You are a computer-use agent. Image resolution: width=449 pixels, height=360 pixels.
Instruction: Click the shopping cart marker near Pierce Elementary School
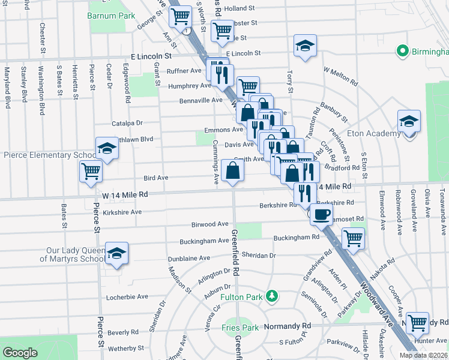tap(91, 171)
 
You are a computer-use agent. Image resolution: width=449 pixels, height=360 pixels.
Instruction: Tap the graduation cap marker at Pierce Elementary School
tap(107, 148)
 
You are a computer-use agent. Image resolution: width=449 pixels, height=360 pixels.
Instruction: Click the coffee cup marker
tap(321, 214)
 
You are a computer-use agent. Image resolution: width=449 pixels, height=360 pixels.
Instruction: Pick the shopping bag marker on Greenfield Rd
tap(232, 171)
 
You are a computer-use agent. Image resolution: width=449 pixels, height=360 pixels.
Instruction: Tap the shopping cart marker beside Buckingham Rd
tap(354, 238)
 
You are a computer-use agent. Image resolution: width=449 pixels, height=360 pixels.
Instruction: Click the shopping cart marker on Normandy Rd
tap(417, 322)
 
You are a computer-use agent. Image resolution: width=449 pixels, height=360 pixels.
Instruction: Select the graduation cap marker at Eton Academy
tap(409, 121)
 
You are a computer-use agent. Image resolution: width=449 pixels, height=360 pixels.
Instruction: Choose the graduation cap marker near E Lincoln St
tap(305, 47)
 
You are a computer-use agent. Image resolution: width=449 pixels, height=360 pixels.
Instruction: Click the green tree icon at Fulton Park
tap(272, 296)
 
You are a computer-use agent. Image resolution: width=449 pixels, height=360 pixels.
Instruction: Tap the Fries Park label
tap(240, 328)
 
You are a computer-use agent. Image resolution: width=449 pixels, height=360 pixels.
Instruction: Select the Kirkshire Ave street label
tap(122, 212)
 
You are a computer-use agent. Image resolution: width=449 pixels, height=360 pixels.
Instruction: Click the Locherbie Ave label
tap(127, 297)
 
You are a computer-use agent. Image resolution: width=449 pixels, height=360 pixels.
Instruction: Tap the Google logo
tap(20, 353)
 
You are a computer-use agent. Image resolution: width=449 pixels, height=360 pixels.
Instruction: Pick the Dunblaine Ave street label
tap(188, 258)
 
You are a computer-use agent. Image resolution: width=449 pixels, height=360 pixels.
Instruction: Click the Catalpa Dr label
tap(127, 123)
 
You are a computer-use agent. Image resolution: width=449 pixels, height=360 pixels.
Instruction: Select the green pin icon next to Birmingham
tap(402, 52)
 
